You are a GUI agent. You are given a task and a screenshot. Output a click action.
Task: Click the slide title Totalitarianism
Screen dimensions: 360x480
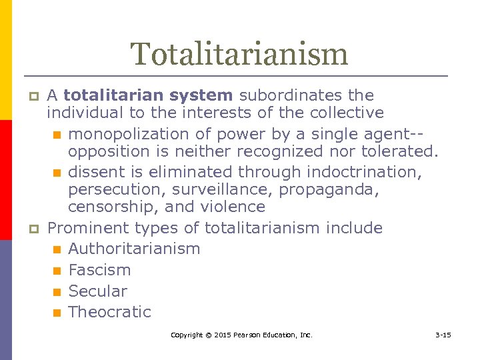coord(239,54)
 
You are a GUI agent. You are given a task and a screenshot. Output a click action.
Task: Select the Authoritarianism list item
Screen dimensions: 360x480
coord(134,249)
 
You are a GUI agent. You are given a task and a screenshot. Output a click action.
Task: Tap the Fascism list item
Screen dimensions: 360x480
coord(99,270)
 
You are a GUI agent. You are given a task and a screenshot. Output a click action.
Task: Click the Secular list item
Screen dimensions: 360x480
coord(97,291)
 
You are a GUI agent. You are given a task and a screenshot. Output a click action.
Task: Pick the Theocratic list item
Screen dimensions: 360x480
coord(109,312)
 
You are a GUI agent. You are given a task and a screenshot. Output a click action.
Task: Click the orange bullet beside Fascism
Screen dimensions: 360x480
coord(57,271)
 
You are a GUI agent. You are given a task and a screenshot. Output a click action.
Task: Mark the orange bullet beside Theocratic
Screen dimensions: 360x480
coord(57,313)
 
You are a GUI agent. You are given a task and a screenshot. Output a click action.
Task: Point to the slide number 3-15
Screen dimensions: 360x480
coord(443,335)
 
